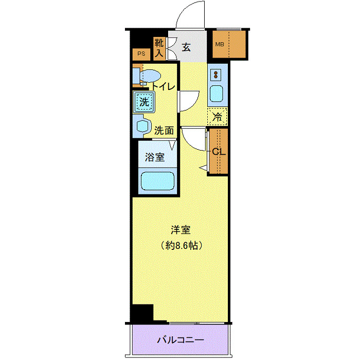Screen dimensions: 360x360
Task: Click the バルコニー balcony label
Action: [180, 340]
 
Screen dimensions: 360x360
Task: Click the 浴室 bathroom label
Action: [154, 157]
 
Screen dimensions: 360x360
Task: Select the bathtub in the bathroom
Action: [158, 182]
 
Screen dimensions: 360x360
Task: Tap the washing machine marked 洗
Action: [145, 102]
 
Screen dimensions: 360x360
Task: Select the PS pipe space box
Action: [140, 53]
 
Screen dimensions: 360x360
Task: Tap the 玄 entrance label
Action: [186, 48]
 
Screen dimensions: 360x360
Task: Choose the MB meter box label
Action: [220, 44]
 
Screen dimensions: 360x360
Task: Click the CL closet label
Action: [219, 152]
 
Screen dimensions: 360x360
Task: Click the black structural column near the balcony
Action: [142, 313]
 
